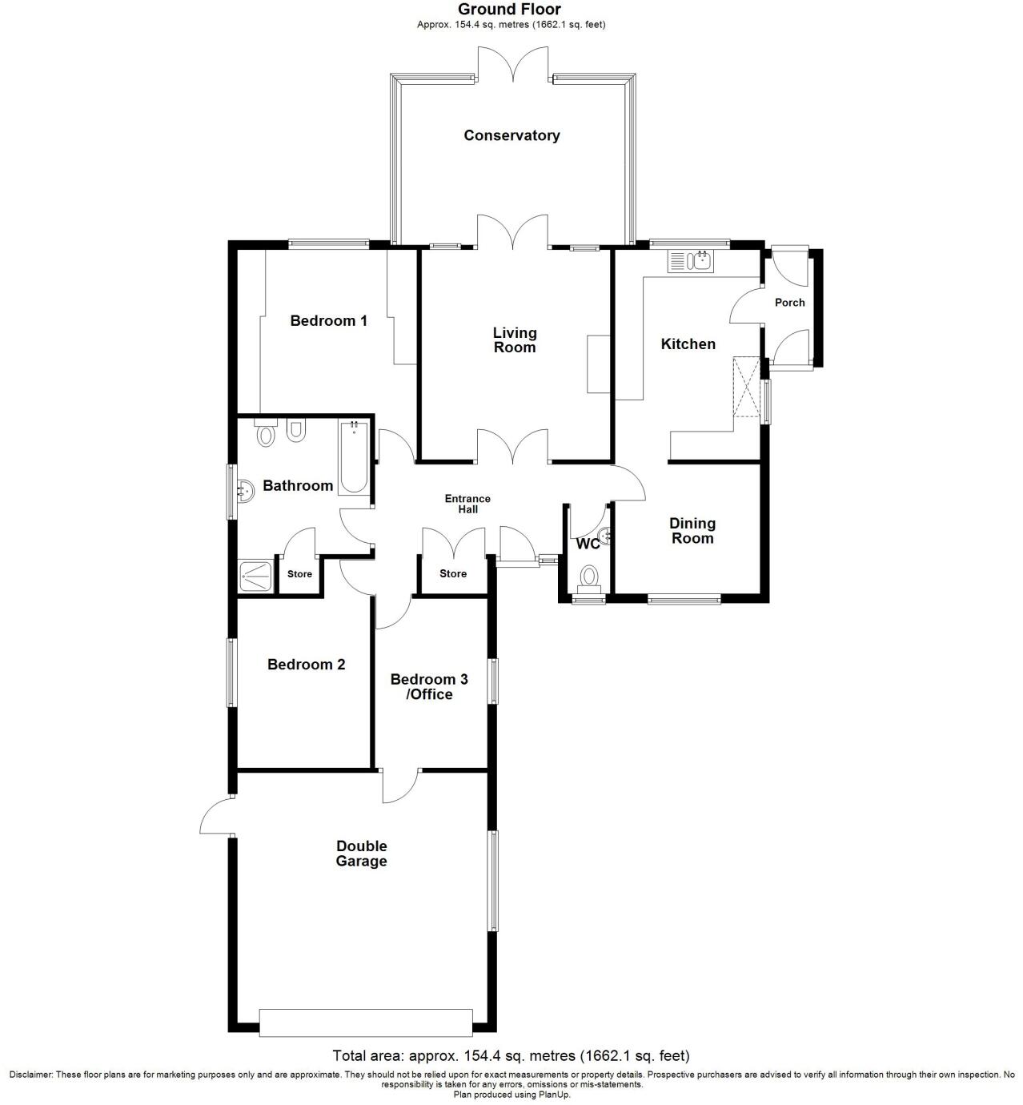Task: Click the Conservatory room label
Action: click(511, 135)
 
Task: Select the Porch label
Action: click(790, 303)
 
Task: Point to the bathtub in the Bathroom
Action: click(354, 458)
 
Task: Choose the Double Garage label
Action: click(361, 854)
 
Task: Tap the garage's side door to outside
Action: click(215, 817)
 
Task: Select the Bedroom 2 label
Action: click(306, 665)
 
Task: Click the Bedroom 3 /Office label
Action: click(429, 687)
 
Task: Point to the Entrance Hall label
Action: click(467, 504)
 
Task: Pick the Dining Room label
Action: click(692, 531)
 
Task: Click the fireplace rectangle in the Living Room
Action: click(599, 364)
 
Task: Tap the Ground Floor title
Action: click(510, 10)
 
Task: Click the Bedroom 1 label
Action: click(328, 321)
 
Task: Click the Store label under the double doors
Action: click(453, 574)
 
